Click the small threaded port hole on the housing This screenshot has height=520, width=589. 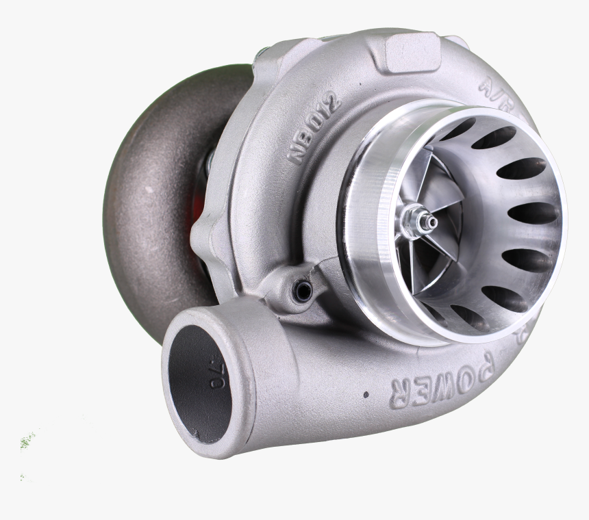pos(302,291)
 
